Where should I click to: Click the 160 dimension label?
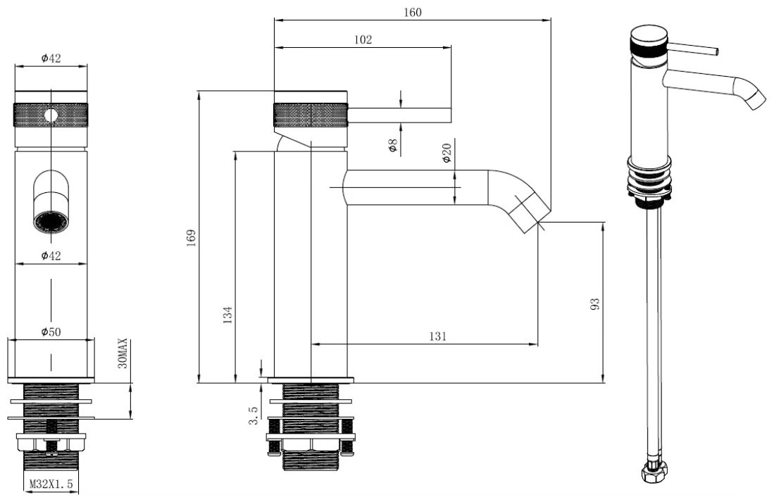(413, 12)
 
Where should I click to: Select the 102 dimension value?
(363, 39)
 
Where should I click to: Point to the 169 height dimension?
(192, 237)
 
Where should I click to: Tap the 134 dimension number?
(227, 315)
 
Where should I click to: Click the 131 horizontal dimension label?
(437, 337)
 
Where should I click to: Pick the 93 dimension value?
(595, 303)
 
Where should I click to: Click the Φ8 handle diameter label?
(393, 146)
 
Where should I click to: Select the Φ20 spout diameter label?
(447, 153)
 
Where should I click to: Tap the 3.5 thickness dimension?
(254, 415)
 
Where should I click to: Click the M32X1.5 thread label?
(51, 484)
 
